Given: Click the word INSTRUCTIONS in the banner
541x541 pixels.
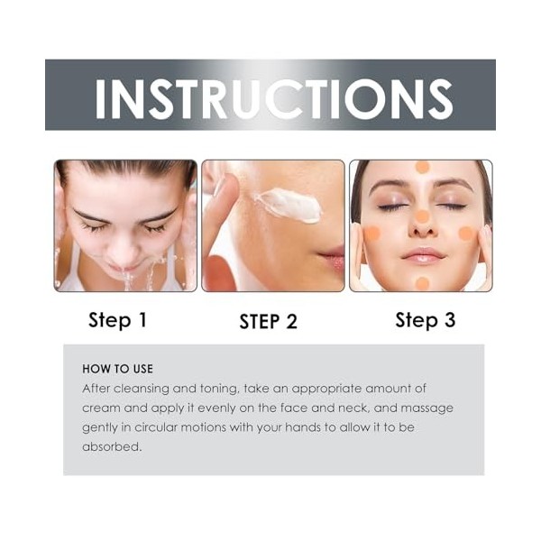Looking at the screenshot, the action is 273,98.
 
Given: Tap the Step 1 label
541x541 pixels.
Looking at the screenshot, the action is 117,320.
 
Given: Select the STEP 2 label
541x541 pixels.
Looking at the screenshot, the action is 268,321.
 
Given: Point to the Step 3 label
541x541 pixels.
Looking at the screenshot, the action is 425,320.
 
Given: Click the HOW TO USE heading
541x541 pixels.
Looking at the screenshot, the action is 117,369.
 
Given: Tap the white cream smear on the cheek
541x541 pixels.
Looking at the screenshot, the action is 289,206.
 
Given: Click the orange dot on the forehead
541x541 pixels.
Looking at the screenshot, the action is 422,167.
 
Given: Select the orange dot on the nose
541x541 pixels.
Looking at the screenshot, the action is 422,216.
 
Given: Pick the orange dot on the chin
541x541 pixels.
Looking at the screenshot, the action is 422,284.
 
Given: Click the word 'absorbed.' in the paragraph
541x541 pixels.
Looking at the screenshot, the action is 112,447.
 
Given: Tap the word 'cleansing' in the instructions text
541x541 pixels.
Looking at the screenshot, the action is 142,389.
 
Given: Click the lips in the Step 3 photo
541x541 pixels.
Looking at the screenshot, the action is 422,255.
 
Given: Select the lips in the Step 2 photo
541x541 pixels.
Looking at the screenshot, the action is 332,257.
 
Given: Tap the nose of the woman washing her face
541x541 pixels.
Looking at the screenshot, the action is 123,252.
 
